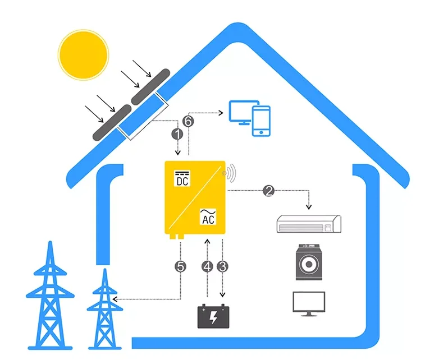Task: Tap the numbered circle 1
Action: pyautogui.click(x=177, y=135)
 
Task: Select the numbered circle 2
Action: pyautogui.click(x=269, y=191)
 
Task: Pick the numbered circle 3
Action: pyautogui.click(x=223, y=267)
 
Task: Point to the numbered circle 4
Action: pyautogui.click(x=208, y=267)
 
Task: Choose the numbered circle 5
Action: pyautogui.click(x=180, y=267)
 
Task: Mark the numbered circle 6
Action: pyautogui.click(x=189, y=121)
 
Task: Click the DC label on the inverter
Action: pyautogui.click(x=182, y=180)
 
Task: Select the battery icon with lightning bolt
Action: pyautogui.click(x=214, y=316)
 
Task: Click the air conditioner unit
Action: pyautogui.click(x=309, y=224)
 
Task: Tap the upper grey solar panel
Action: pyautogui.click(x=150, y=87)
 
